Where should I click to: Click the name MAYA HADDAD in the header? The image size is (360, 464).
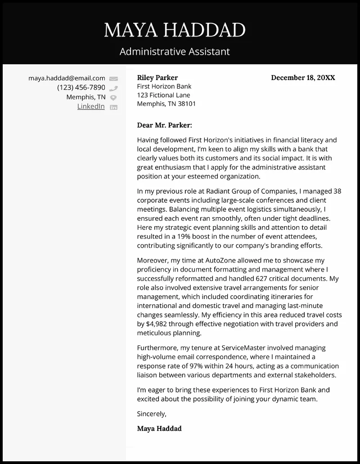click(175, 30)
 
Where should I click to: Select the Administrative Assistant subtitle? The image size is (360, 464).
click(175, 52)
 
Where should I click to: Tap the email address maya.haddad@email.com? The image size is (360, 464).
click(67, 78)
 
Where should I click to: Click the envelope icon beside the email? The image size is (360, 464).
click(113, 79)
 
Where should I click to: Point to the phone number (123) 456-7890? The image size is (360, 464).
click(81, 88)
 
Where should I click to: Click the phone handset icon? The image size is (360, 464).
click(113, 88)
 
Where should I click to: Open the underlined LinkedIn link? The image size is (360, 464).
click(91, 107)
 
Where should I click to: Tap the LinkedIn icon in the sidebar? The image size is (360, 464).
click(113, 107)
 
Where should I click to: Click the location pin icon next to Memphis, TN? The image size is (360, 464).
click(113, 98)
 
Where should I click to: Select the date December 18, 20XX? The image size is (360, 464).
click(303, 77)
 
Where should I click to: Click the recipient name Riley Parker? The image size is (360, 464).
click(157, 77)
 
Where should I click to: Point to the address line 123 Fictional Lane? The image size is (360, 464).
click(163, 95)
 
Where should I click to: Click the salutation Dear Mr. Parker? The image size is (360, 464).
click(164, 125)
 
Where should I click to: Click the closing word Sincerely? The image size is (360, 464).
click(152, 413)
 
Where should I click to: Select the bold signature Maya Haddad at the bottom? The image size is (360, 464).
click(159, 428)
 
